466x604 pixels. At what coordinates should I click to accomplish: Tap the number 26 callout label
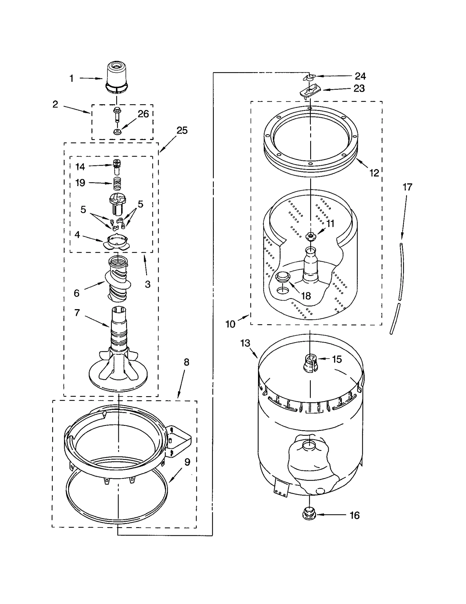tap(143, 114)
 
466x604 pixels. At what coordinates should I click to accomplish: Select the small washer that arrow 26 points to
tap(117, 132)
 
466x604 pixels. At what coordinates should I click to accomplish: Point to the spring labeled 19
tap(117, 184)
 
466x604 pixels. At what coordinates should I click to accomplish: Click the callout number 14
tap(80, 167)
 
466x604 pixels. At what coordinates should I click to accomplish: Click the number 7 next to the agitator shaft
tap(77, 313)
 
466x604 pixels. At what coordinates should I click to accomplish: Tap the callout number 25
tap(182, 130)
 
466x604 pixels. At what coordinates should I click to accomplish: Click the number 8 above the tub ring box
tap(187, 362)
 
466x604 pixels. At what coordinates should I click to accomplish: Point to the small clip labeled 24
tap(309, 77)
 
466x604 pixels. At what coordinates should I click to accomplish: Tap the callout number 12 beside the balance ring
tap(374, 173)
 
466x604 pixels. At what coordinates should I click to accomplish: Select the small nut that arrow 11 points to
tap(311, 236)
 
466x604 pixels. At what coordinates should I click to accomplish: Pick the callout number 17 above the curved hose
tap(407, 187)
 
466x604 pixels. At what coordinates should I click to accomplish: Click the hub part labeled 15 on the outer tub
tap(310, 363)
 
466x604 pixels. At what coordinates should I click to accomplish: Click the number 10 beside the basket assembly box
tap(230, 324)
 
